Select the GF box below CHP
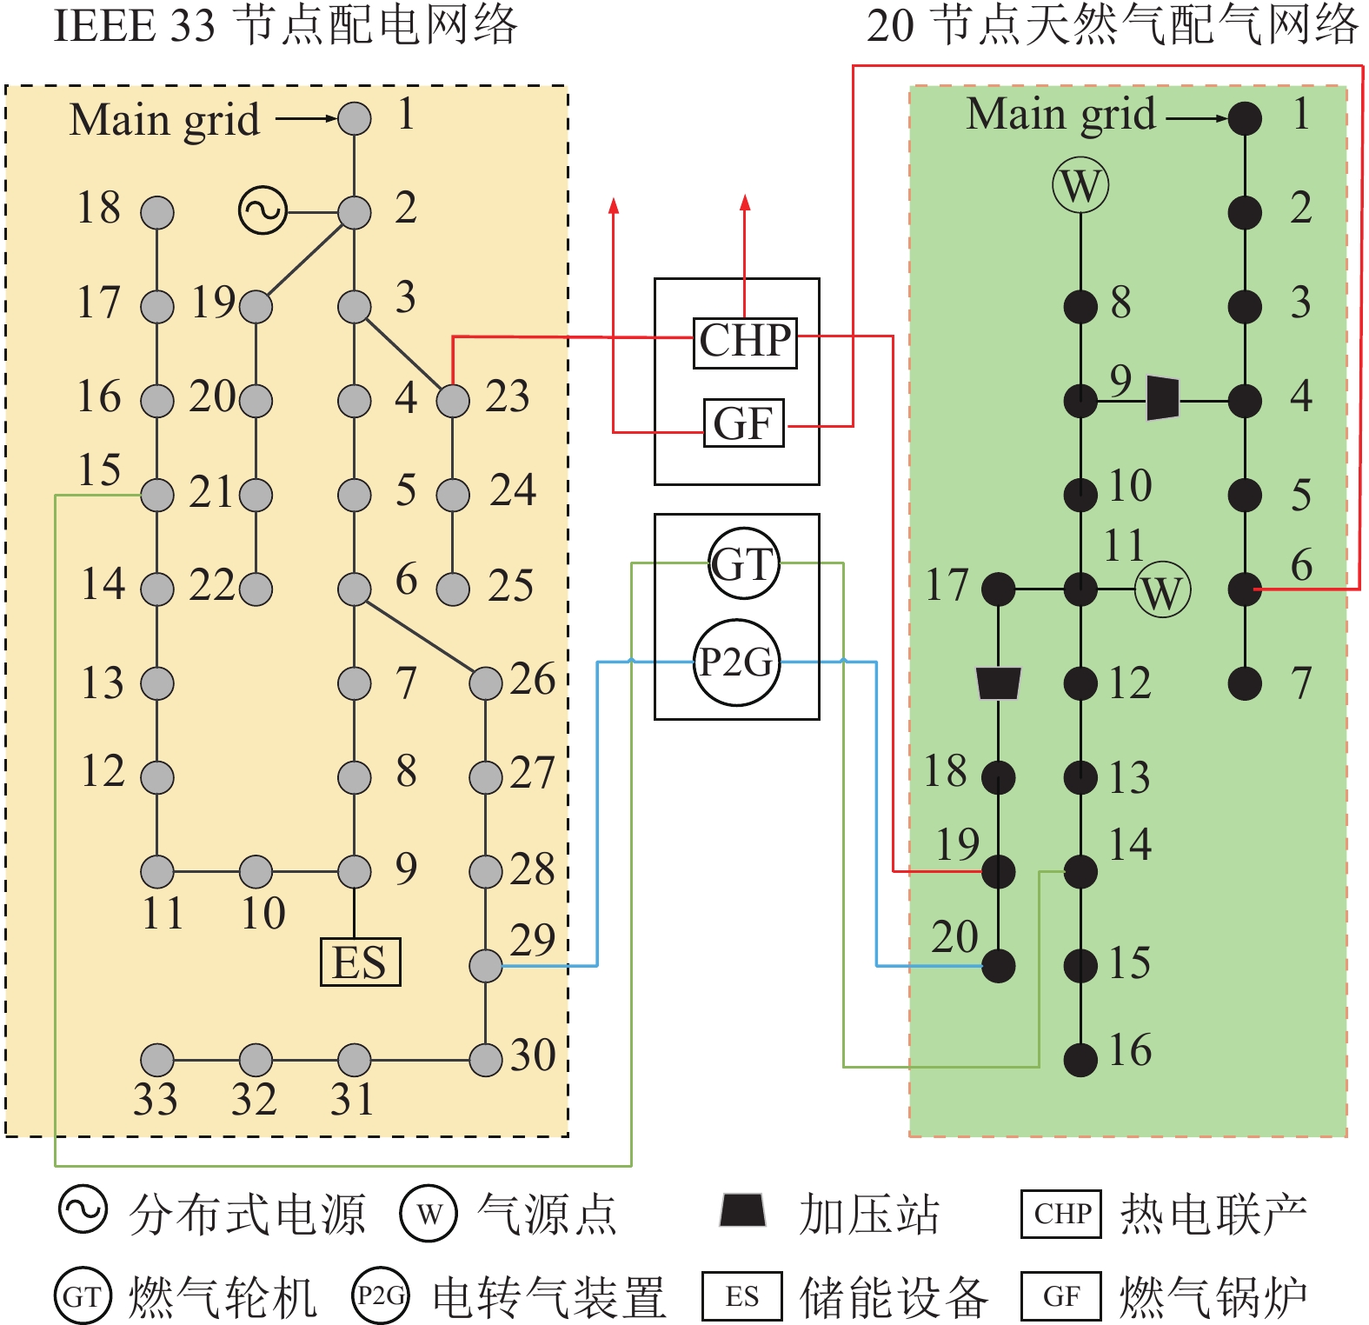tap(743, 423)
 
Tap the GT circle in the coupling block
tap(743, 564)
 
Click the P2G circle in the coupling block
tap(736, 662)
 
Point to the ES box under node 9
tap(360, 962)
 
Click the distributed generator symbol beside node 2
tap(263, 210)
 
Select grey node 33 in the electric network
tap(157, 1060)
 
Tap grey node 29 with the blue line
tap(486, 965)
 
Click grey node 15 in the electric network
tap(157, 495)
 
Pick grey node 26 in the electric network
tap(486, 683)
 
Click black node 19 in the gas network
tap(998, 871)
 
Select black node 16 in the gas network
tap(1080, 1059)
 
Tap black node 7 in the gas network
tap(1245, 683)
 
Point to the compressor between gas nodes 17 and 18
tap(998, 682)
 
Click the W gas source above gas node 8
tap(1080, 185)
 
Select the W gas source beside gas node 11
tap(1162, 591)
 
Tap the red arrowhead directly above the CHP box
tap(745, 203)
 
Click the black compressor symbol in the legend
tap(742, 1209)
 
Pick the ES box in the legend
tap(741, 1296)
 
